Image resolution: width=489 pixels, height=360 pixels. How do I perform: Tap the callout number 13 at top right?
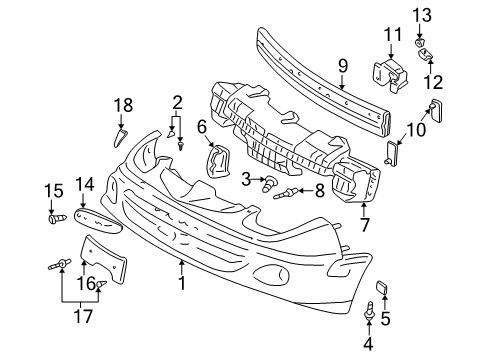(420, 13)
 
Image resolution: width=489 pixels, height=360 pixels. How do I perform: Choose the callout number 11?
(387, 36)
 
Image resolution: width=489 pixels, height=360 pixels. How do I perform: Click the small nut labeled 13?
(420, 32)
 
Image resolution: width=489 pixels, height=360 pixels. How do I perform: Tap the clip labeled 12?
(426, 52)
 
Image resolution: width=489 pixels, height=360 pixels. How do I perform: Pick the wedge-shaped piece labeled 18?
(122, 134)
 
